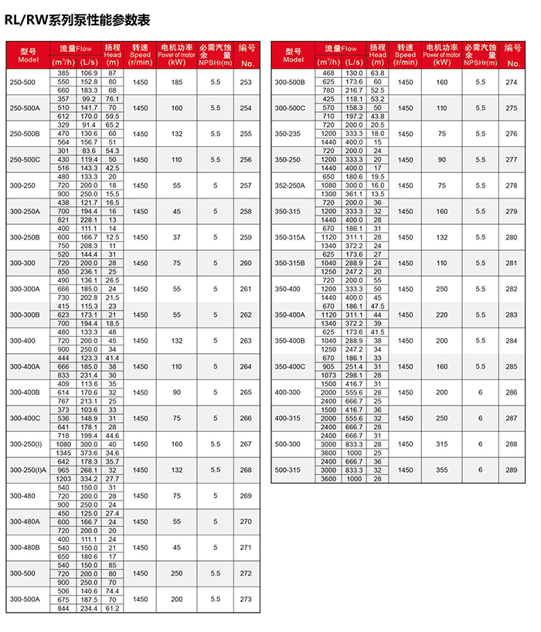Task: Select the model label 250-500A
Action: click(x=22, y=107)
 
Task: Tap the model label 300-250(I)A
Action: click(x=28, y=470)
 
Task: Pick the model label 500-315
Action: click(x=288, y=470)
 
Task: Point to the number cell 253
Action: click(x=246, y=82)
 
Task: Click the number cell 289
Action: click(x=511, y=470)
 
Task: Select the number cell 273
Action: click(x=246, y=599)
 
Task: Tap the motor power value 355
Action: click(x=441, y=470)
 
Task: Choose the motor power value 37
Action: click(x=177, y=237)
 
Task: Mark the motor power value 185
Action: click(x=177, y=82)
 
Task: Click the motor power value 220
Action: click(x=441, y=314)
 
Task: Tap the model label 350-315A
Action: click(x=291, y=237)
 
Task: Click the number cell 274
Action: click(x=511, y=82)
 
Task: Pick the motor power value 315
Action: click(x=441, y=443)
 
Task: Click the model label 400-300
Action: click(x=288, y=392)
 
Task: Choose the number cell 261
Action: click(x=246, y=289)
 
